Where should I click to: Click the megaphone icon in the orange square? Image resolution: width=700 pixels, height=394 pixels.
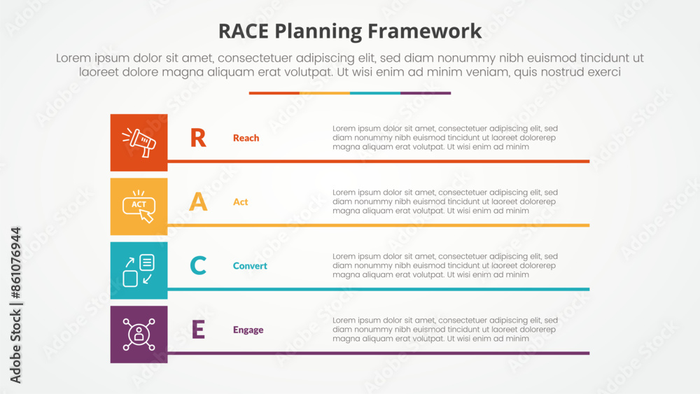point(139,143)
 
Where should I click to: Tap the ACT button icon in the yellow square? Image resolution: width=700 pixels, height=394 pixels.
point(139,206)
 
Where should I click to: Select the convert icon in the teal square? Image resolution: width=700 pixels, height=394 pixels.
point(139,270)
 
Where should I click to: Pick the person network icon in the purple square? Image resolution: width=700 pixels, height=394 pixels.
point(139,335)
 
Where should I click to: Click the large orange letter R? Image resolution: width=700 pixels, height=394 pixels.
point(198,138)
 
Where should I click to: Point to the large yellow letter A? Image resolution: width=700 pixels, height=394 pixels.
point(198,202)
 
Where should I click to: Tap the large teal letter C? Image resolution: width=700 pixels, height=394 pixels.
point(198,265)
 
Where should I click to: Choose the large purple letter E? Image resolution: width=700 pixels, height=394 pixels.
point(198,330)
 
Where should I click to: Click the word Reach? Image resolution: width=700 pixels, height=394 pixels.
point(246,138)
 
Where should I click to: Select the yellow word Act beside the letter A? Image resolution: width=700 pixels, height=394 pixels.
point(240,202)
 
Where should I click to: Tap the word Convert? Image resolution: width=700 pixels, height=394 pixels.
point(250,266)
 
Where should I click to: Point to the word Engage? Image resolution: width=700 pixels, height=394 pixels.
point(248,330)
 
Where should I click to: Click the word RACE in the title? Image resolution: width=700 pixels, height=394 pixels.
point(244,31)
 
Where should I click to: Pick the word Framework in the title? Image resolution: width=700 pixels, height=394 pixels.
point(425,31)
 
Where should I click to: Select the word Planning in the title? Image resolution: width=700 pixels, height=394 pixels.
point(318,31)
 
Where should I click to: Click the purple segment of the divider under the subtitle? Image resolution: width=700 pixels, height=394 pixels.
point(426,93)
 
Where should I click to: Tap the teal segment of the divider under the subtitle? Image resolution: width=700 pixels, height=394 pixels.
point(375,93)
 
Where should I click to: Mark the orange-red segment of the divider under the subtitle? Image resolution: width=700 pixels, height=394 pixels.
point(274,93)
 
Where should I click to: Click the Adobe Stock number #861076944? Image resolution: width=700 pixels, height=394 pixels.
point(15,263)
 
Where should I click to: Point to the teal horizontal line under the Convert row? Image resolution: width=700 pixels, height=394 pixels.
point(379,289)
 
